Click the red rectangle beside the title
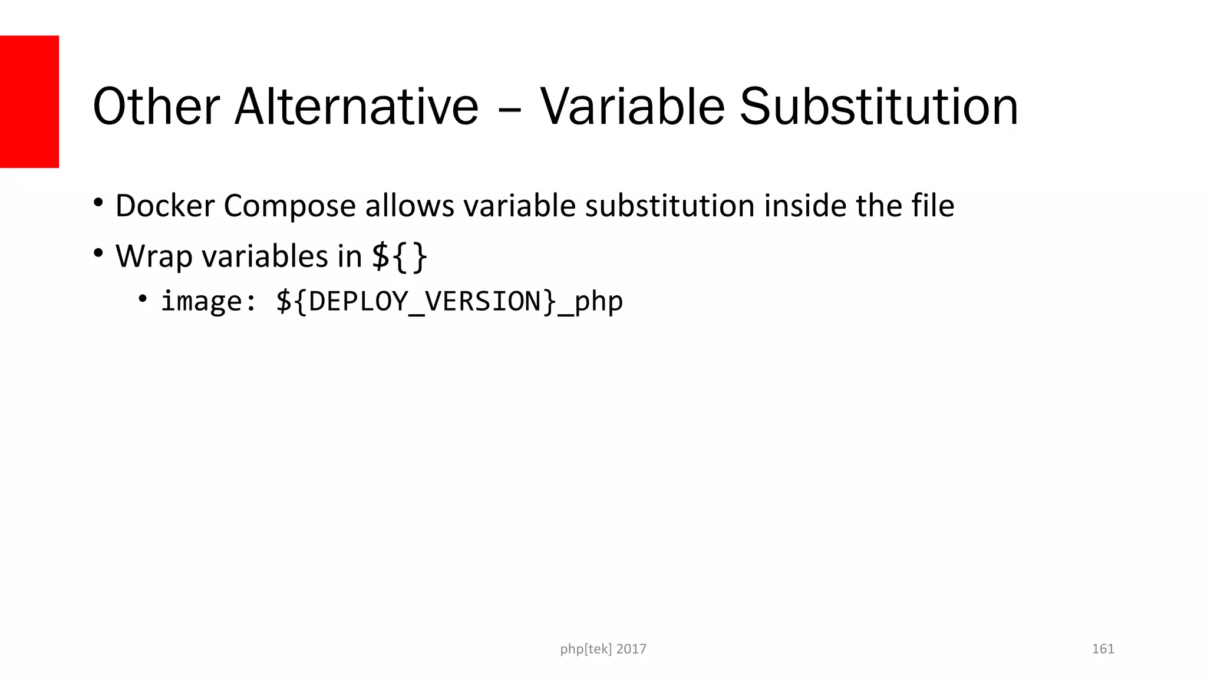click(x=29, y=101)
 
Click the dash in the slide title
click(x=509, y=109)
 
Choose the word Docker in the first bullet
click(x=164, y=206)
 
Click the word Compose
click(x=289, y=207)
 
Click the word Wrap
click(x=154, y=256)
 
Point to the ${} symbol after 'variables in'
click(x=400, y=256)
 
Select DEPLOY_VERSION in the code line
click(x=424, y=301)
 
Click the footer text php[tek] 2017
click(x=603, y=649)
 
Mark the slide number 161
click(x=1103, y=649)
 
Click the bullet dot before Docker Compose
click(x=98, y=203)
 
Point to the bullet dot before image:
click(x=143, y=299)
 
